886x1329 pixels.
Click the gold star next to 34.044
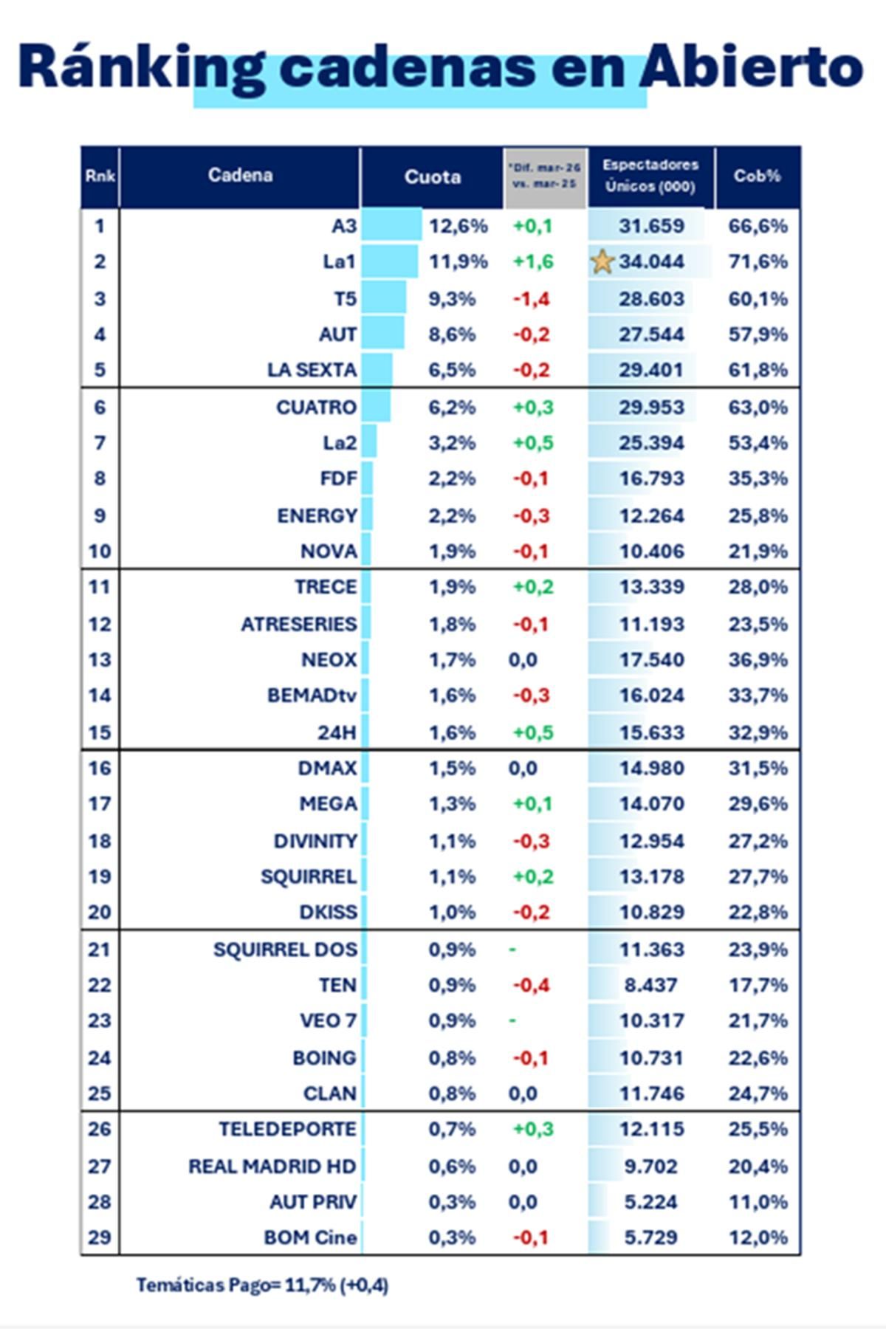(x=602, y=261)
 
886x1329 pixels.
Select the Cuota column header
(x=432, y=177)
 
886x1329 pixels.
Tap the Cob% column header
(x=757, y=176)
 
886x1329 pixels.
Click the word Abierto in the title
(x=751, y=67)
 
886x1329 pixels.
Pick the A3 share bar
(x=391, y=224)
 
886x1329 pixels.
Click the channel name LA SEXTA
(x=312, y=370)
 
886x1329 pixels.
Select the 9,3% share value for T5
(x=452, y=299)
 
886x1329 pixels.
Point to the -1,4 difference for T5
(x=532, y=299)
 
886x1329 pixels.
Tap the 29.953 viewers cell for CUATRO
(x=651, y=408)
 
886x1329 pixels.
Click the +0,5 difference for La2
(x=532, y=443)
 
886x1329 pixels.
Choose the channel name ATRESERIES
(x=298, y=625)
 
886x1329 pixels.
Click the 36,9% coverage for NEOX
(x=758, y=660)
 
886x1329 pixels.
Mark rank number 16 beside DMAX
(x=100, y=769)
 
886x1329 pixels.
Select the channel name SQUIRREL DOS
(x=285, y=949)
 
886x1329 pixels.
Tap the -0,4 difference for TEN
(x=532, y=986)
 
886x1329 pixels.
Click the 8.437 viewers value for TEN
(x=650, y=986)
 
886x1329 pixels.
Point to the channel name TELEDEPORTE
(x=287, y=1130)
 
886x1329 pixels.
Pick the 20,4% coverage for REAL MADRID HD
(x=758, y=1167)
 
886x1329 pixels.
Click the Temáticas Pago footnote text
(x=261, y=1285)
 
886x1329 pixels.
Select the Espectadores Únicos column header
(x=650, y=176)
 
